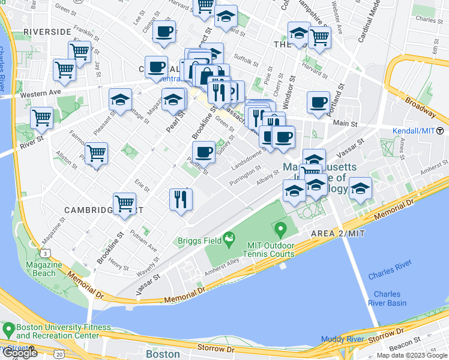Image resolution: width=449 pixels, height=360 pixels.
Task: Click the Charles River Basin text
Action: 387,298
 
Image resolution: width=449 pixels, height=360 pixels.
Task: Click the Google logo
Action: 20,353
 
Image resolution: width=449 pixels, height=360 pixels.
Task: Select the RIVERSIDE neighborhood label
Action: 47,31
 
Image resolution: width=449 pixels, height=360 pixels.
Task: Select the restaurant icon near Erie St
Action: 181,199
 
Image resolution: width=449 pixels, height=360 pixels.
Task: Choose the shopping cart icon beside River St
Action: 41,117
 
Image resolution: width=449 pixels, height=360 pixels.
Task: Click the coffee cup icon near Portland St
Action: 318,101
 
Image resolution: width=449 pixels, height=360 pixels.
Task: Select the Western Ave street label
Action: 41,94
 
